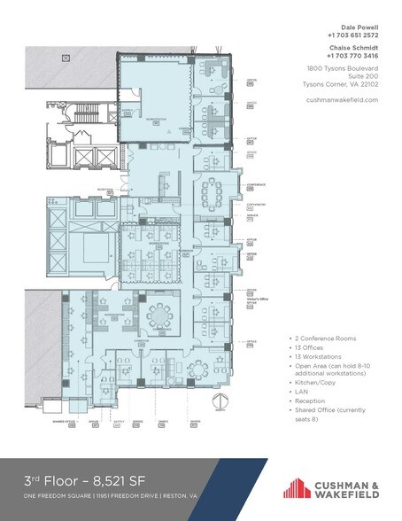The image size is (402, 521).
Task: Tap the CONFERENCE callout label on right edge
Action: click(x=256, y=184)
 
